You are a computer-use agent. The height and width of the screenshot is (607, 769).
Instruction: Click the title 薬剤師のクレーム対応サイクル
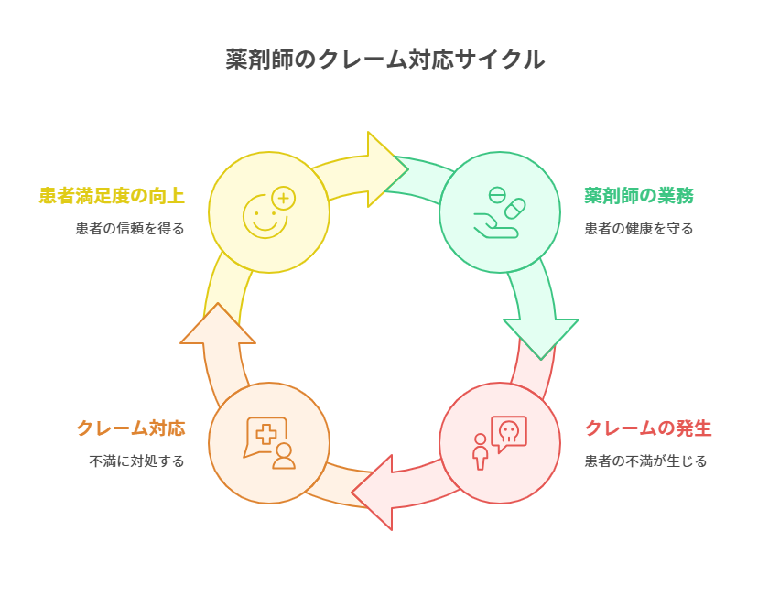(384, 60)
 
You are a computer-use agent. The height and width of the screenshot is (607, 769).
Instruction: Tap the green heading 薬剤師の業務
(639, 196)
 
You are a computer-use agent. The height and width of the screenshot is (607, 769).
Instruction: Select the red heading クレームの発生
(647, 428)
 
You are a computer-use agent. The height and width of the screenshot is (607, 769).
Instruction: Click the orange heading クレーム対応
(130, 428)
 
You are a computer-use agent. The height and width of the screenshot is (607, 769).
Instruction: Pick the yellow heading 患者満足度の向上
(112, 196)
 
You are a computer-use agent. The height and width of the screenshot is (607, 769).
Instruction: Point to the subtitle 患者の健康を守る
(639, 228)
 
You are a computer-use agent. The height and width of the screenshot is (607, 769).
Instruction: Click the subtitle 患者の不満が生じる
(645, 461)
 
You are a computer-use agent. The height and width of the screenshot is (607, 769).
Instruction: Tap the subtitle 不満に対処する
(136, 461)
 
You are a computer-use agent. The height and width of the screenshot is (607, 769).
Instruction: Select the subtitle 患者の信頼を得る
(130, 228)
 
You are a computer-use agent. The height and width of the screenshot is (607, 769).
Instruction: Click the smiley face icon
(265, 217)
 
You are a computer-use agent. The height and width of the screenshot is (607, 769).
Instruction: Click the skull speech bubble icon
(509, 432)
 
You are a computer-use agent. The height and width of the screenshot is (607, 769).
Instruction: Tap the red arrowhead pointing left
(374, 492)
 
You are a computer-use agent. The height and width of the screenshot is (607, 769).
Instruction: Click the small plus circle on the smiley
(284, 198)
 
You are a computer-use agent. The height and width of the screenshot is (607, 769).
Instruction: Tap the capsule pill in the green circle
(514, 208)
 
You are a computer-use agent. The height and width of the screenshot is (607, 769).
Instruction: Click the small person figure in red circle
(480, 451)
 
